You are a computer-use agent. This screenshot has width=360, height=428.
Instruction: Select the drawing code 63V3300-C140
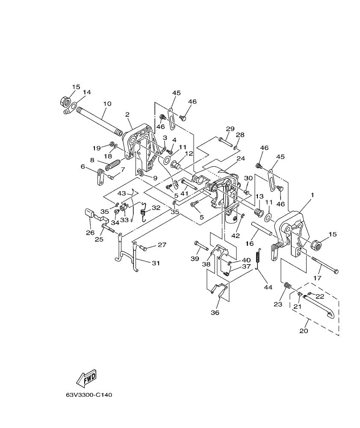[89, 395]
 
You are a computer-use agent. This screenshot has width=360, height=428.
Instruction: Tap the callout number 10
[107, 103]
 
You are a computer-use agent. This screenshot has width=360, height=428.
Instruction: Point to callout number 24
[241, 159]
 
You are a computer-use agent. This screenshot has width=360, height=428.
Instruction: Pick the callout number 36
[215, 313]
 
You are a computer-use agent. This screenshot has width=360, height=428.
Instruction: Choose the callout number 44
[268, 287]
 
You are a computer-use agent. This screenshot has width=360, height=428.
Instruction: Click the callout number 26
[90, 233]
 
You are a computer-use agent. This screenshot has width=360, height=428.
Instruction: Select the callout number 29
[230, 129]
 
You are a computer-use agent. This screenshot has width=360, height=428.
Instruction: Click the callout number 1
[312, 195]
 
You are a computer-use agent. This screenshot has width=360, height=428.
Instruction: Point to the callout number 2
[127, 114]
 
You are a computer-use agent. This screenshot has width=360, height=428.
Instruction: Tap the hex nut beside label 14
[65, 102]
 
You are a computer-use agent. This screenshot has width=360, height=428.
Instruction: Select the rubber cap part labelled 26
[89, 213]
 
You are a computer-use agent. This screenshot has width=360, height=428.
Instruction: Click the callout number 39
[195, 260]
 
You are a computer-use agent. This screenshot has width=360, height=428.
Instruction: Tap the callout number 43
[122, 193]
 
